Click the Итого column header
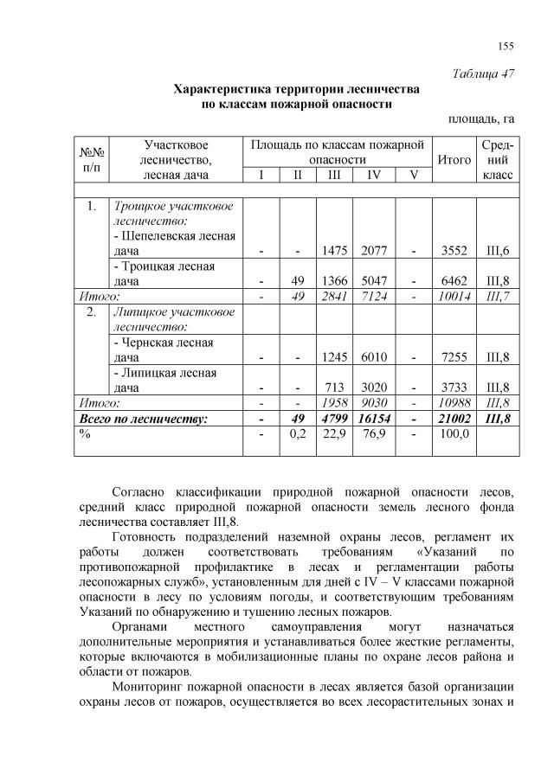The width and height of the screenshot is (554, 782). point(454,160)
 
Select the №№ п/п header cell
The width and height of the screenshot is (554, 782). point(90,160)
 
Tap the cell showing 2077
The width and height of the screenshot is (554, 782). point(374,251)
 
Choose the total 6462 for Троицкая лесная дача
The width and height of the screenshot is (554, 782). point(454,281)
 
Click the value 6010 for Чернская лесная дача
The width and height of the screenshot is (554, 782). point(374,357)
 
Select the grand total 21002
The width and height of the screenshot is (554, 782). point(454,419)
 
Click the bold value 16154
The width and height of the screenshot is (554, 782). point(374,419)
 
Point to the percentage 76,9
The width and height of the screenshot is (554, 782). point(374,434)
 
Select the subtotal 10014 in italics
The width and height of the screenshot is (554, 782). point(454,297)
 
